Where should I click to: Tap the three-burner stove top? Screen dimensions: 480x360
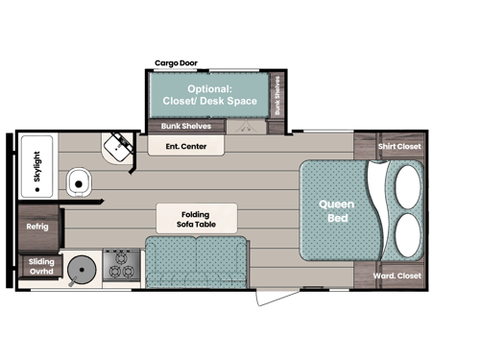(x=123, y=264)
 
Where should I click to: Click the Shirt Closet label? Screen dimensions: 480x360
(x=399, y=147)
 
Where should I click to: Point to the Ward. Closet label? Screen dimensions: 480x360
(x=396, y=276)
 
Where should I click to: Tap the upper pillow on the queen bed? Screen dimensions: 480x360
(x=406, y=182)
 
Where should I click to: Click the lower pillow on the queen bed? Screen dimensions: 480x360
(x=406, y=235)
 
